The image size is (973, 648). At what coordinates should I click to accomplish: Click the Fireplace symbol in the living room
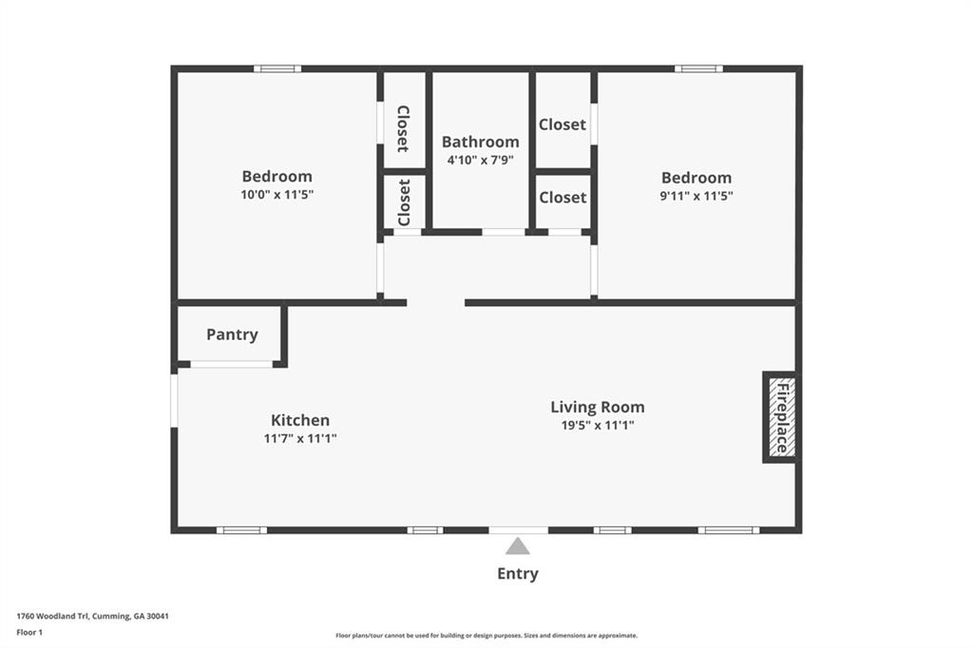pyautogui.click(x=781, y=417)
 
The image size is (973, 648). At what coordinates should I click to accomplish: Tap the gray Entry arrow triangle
pyautogui.click(x=517, y=546)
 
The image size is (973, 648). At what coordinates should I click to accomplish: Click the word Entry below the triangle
pyautogui.click(x=517, y=574)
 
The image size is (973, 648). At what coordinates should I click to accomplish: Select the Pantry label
pyautogui.click(x=232, y=334)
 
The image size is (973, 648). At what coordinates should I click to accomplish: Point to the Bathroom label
pyautogui.click(x=480, y=142)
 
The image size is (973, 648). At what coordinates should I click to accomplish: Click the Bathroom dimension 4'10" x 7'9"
pyautogui.click(x=480, y=160)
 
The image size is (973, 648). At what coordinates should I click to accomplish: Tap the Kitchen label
pyautogui.click(x=300, y=420)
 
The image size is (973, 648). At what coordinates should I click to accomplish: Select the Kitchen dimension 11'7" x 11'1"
pyautogui.click(x=300, y=439)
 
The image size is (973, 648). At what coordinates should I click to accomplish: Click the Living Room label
pyautogui.click(x=597, y=407)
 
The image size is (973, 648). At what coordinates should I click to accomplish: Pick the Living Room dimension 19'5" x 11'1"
pyautogui.click(x=597, y=426)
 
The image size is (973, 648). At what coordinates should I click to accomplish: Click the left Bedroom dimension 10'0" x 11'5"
pyautogui.click(x=277, y=194)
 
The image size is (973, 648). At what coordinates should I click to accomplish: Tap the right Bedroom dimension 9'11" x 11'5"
pyautogui.click(x=696, y=196)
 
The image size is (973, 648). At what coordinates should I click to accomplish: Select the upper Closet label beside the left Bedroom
pyautogui.click(x=403, y=128)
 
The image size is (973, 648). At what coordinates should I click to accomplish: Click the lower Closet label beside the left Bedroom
pyautogui.click(x=403, y=201)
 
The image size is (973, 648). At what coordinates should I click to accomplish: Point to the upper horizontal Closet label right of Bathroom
pyautogui.click(x=563, y=124)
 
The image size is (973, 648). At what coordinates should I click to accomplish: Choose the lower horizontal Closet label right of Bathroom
pyautogui.click(x=563, y=198)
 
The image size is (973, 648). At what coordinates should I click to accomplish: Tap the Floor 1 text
pyautogui.click(x=29, y=631)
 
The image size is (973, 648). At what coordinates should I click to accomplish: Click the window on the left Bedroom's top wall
pyautogui.click(x=277, y=68)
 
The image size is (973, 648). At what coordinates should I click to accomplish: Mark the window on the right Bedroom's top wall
pyautogui.click(x=698, y=68)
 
